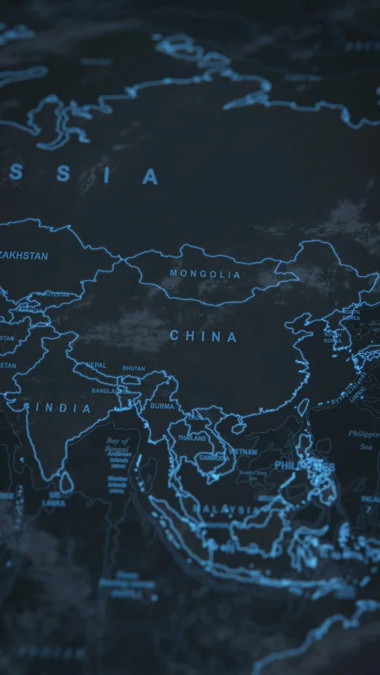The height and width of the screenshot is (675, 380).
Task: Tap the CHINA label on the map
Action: coord(203,336)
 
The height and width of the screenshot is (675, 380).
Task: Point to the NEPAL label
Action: coord(96,366)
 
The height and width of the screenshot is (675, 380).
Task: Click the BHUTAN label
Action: coord(133,368)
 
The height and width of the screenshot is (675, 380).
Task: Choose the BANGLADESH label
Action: coord(109,391)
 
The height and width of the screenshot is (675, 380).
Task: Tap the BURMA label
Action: coord(161,406)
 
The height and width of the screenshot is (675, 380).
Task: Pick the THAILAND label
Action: coord(192,438)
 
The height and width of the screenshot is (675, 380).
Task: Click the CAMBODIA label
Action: coord(214,457)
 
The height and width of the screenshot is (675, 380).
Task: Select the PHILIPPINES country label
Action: coord(305,466)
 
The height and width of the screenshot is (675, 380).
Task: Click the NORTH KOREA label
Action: coord(351,314)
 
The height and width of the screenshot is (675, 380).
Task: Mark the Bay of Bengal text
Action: coord(117,446)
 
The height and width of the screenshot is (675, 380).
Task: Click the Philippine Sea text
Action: coord(363,439)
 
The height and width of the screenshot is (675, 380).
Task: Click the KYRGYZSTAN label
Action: coord(51,295)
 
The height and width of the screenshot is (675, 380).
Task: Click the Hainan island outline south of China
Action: coord(240,428)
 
